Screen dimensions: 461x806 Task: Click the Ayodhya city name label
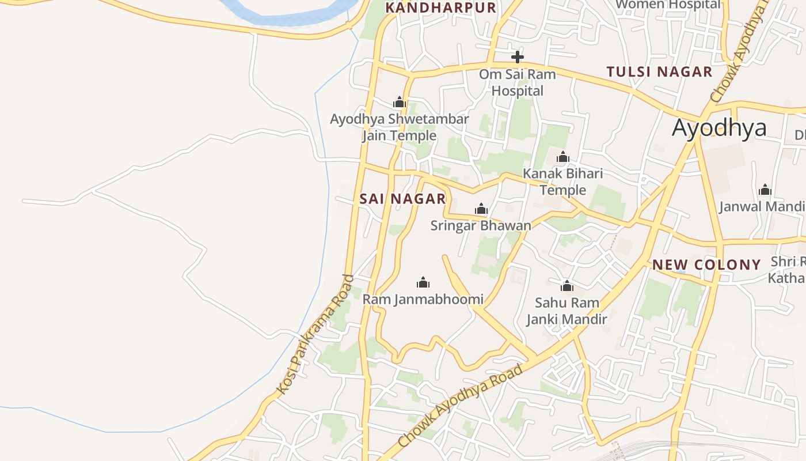tap(719, 127)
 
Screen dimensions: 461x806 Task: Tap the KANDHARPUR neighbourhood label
tap(440, 7)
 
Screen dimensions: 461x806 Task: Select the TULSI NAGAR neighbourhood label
tap(659, 72)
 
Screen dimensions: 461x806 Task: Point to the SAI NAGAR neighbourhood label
tap(402, 199)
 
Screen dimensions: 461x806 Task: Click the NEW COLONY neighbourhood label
tap(706, 264)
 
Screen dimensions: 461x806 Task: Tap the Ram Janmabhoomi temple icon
tap(423, 282)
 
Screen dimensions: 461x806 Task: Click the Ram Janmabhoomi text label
tap(423, 300)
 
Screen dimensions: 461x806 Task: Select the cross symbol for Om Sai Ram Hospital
tap(518, 57)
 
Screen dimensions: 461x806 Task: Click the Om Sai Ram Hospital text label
tap(517, 82)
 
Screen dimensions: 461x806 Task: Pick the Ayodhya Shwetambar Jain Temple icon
tap(399, 103)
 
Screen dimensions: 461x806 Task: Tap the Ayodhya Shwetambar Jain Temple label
tap(399, 127)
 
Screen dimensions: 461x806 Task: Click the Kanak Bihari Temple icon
tap(563, 157)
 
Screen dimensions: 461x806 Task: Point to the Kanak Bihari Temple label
tap(562, 182)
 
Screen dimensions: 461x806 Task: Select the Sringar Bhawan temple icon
tap(481, 209)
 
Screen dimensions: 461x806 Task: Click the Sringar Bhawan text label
tap(481, 225)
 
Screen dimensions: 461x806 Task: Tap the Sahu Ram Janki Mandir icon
tap(567, 286)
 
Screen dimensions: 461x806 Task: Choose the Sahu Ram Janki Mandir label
tap(567, 311)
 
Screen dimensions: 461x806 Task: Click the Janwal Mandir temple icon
tap(765, 190)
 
